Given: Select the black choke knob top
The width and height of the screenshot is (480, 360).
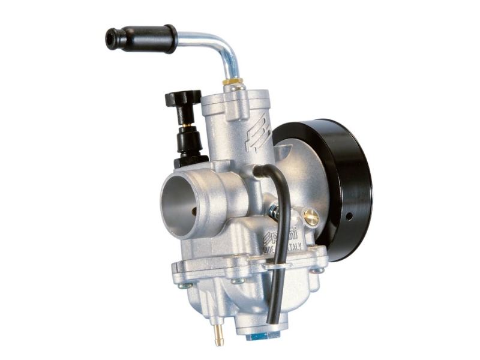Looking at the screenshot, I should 184,98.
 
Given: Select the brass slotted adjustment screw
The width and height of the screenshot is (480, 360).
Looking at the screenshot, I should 311,218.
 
